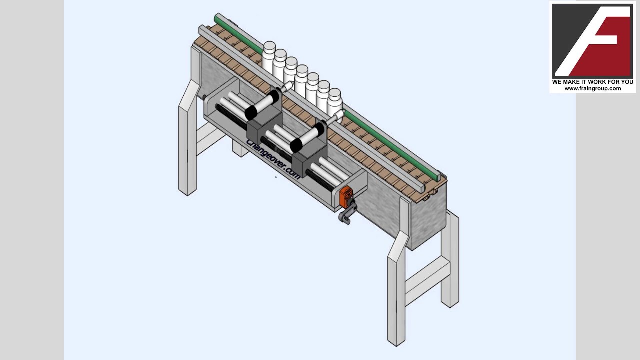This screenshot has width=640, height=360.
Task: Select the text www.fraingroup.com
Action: [x=593, y=88]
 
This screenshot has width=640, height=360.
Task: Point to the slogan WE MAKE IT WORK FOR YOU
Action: [x=593, y=82]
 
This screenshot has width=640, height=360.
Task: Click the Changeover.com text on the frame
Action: [x=273, y=159]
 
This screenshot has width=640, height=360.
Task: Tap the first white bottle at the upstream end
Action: [x=268, y=56]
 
